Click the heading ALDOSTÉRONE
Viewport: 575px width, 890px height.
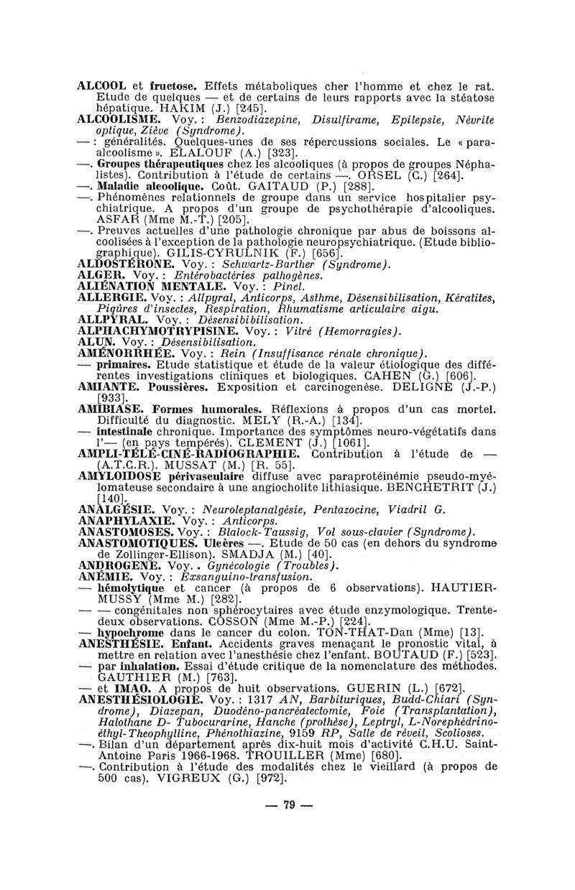[x=123, y=263]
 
